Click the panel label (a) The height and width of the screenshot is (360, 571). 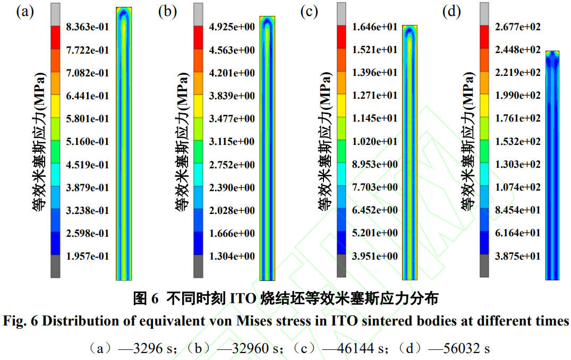tap(25, 12)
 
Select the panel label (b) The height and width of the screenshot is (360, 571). tap(167, 12)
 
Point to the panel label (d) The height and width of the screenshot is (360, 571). tap(451, 12)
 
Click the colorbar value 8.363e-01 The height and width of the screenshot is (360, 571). tap(87, 27)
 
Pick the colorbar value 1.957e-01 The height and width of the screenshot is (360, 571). tap(87, 256)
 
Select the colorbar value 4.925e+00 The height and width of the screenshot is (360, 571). tap(232, 27)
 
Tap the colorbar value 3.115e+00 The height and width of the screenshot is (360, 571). tap(232, 142)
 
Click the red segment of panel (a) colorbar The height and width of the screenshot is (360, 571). tap(56, 37)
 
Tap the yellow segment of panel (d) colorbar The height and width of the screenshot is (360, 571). tap(484, 106)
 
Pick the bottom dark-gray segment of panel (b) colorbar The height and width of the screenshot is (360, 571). tap(199, 265)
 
